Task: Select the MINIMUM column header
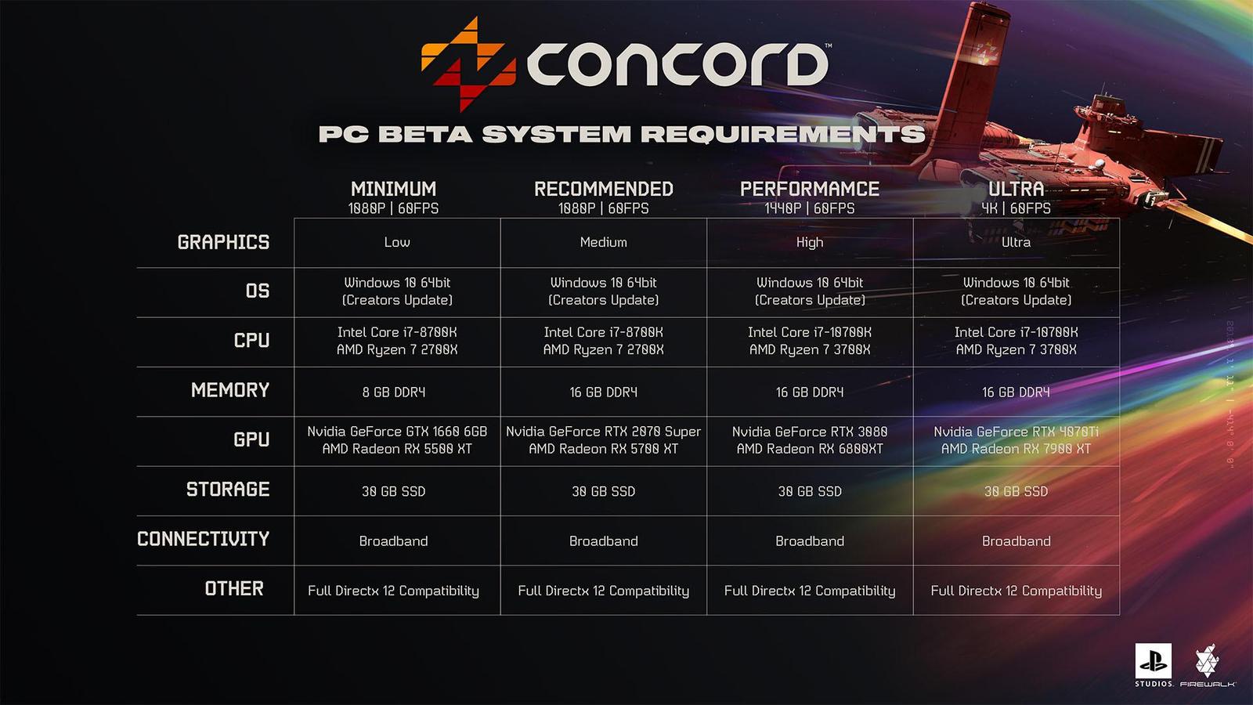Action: pos(393,189)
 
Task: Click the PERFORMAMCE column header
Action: pos(810,189)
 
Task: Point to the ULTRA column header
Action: pos(1016,189)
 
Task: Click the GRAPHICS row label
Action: pos(223,242)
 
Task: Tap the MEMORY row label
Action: pos(229,390)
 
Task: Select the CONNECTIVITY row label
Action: pos(203,539)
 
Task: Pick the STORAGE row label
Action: pos(227,490)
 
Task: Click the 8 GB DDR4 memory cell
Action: pos(394,392)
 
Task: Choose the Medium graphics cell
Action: pos(603,242)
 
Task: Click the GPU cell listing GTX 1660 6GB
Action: pos(397,440)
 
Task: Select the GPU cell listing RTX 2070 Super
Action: pos(603,440)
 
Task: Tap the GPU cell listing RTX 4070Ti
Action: pos(1016,440)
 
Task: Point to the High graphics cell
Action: pos(810,242)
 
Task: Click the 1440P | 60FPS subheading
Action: pos(810,208)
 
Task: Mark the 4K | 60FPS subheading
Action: pos(1016,208)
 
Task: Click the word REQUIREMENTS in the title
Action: pos(782,134)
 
